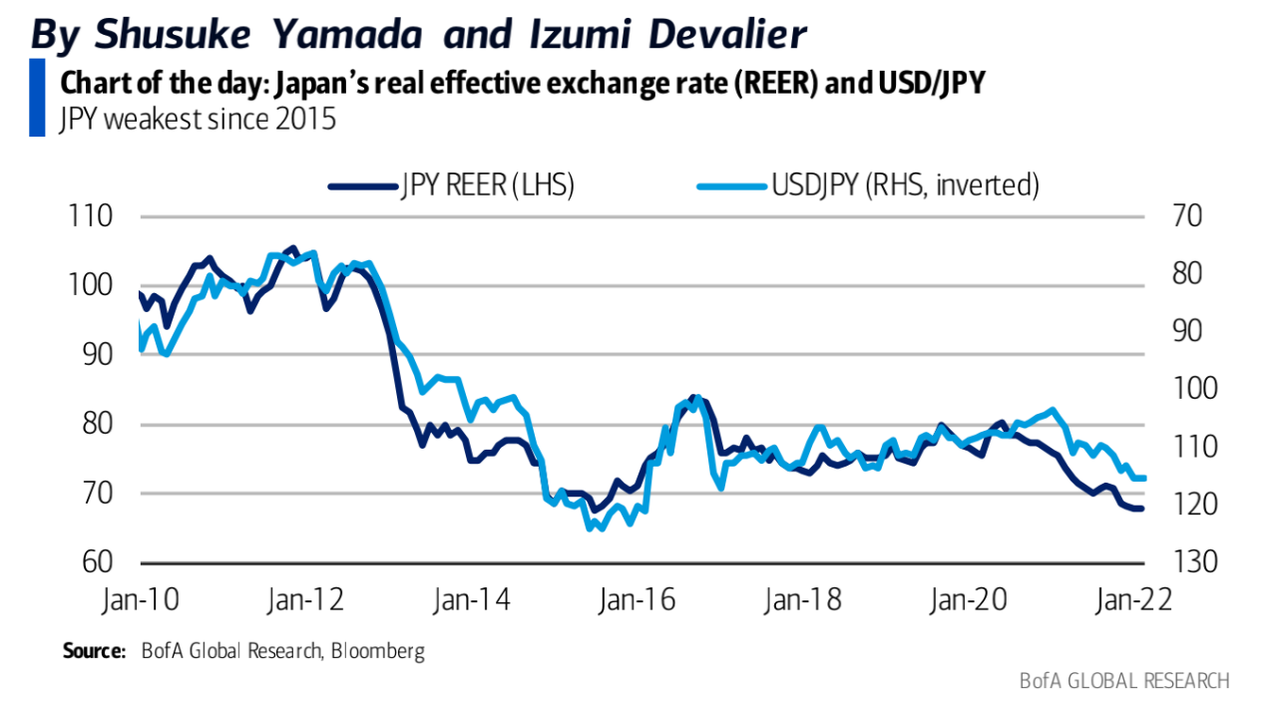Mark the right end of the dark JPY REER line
1141,509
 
